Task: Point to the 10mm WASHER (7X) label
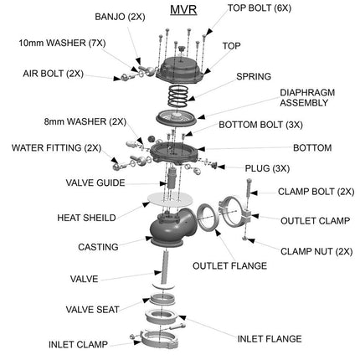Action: pos(63,41)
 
